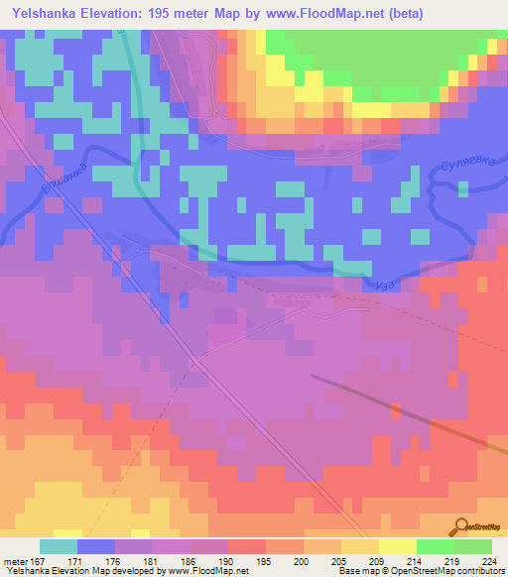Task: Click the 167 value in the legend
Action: tap(41, 561)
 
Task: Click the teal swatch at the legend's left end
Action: tap(59, 546)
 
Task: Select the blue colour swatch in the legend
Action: tap(96, 546)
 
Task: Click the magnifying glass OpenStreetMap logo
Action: tap(459, 526)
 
